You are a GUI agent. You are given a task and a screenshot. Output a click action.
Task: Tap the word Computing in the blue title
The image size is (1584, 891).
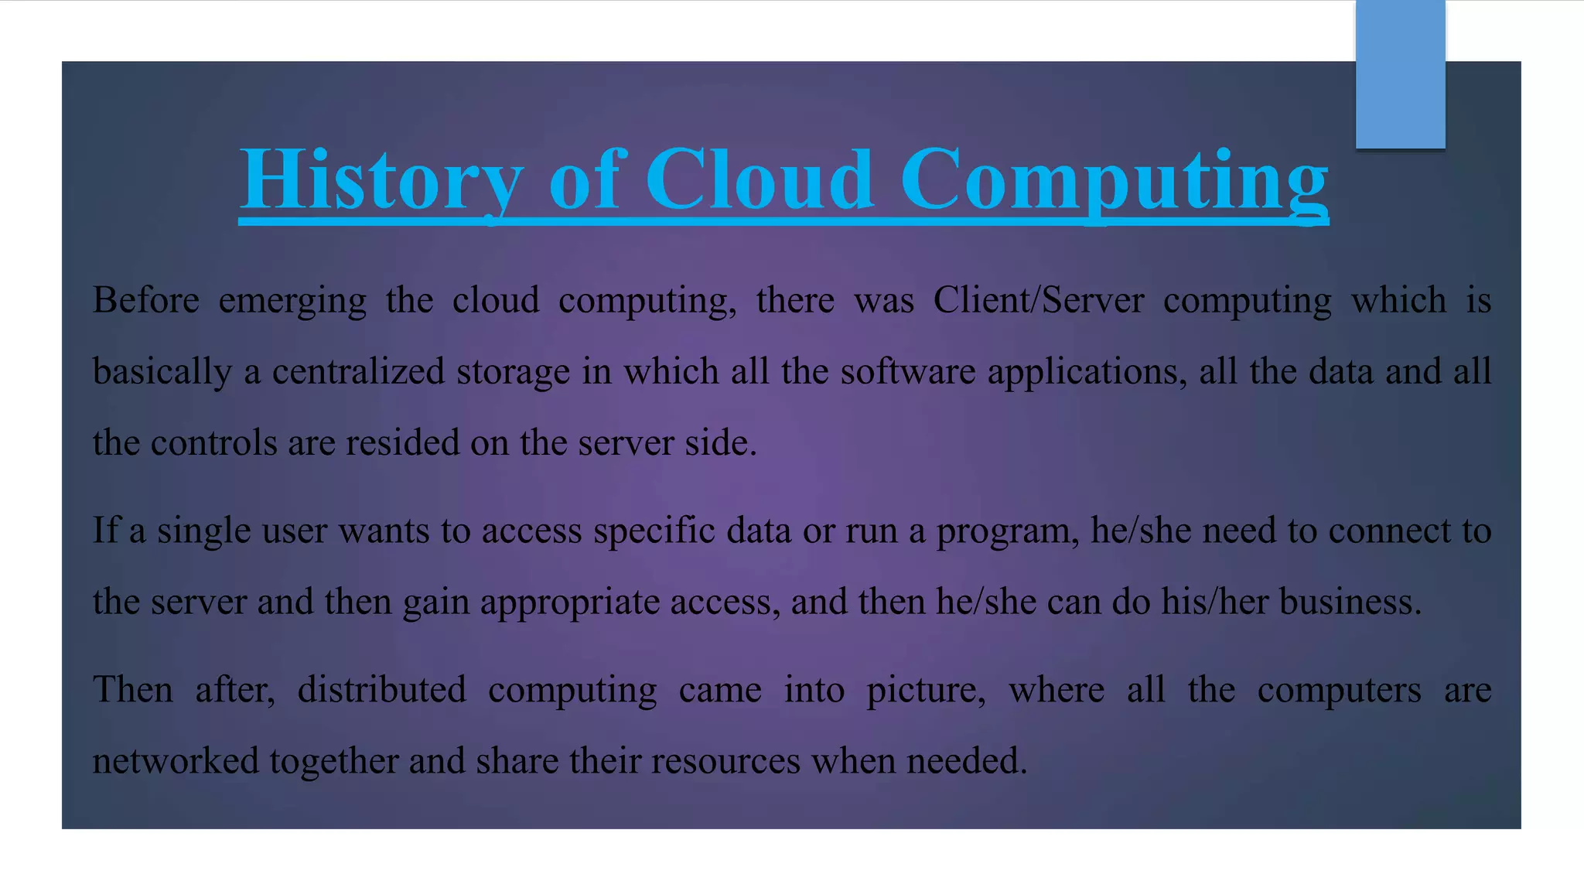click(x=1114, y=179)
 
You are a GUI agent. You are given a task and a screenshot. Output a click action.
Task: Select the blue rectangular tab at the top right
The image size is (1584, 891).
click(x=1400, y=74)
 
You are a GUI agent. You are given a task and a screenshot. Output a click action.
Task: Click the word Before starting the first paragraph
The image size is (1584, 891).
click(x=146, y=300)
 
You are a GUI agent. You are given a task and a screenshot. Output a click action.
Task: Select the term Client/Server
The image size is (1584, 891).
click(x=1038, y=300)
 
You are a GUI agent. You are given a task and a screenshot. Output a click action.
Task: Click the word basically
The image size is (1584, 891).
click(x=162, y=372)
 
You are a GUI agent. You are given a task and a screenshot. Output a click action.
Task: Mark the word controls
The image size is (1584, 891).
click(x=213, y=443)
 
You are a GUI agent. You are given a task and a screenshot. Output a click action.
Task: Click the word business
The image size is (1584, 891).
click(x=1350, y=602)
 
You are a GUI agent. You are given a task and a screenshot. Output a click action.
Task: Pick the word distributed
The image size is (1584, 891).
click(x=382, y=690)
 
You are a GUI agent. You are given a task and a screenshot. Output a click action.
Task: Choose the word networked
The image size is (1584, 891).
click(x=176, y=761)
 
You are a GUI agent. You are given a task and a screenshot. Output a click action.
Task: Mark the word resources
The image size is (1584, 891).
click(x=725, y=761)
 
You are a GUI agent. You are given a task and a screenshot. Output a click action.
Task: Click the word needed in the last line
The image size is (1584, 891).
click(x=966, y=761)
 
